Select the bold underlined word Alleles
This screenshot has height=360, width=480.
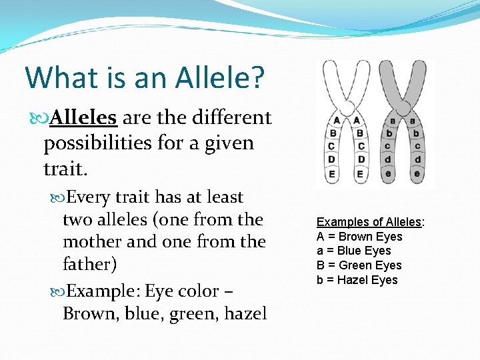(x=84, y=118)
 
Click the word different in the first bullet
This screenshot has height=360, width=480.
(x=231, y=118)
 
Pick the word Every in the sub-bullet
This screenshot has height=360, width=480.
(x=89, y=197)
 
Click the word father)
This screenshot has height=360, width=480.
(x=90, y=265)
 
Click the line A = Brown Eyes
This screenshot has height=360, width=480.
(x=359, y=237)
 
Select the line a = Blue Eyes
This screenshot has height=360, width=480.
(x=353, y=251)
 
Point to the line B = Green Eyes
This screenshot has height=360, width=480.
(x=359, y=265)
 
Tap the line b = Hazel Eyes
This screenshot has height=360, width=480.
(x=357, y=280)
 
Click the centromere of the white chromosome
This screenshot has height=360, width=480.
(x=347, y=108)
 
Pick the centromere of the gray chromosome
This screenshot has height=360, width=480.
(x=403, y=108)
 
